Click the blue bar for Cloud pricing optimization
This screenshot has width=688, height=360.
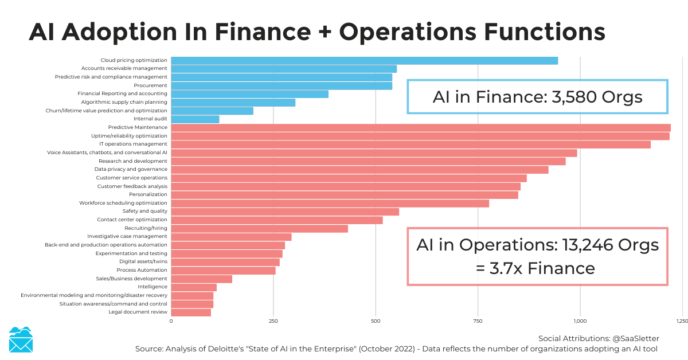pyautogui.click(x=364, y=60)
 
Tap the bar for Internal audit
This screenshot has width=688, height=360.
pyautogui.click(x=195, y=119)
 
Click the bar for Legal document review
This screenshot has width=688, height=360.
pyautogui.click(x=191, y=312)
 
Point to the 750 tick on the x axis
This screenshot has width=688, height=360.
pyautogui.click(x=478, y=322)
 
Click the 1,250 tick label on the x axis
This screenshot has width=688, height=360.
pyautogui.click(x=682, y=322)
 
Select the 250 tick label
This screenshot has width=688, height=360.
pyautogui.click(x=273, y=322)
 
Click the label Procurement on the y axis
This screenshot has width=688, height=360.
pyautogui.click(x=150, y=85)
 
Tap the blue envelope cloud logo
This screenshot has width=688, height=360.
pyautogui.click(x=21, y=340)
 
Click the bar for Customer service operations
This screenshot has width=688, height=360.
pyautogui.click(x=349, y=178)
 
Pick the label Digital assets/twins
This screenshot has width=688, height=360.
pyautogui.click(x=143, y=261)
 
